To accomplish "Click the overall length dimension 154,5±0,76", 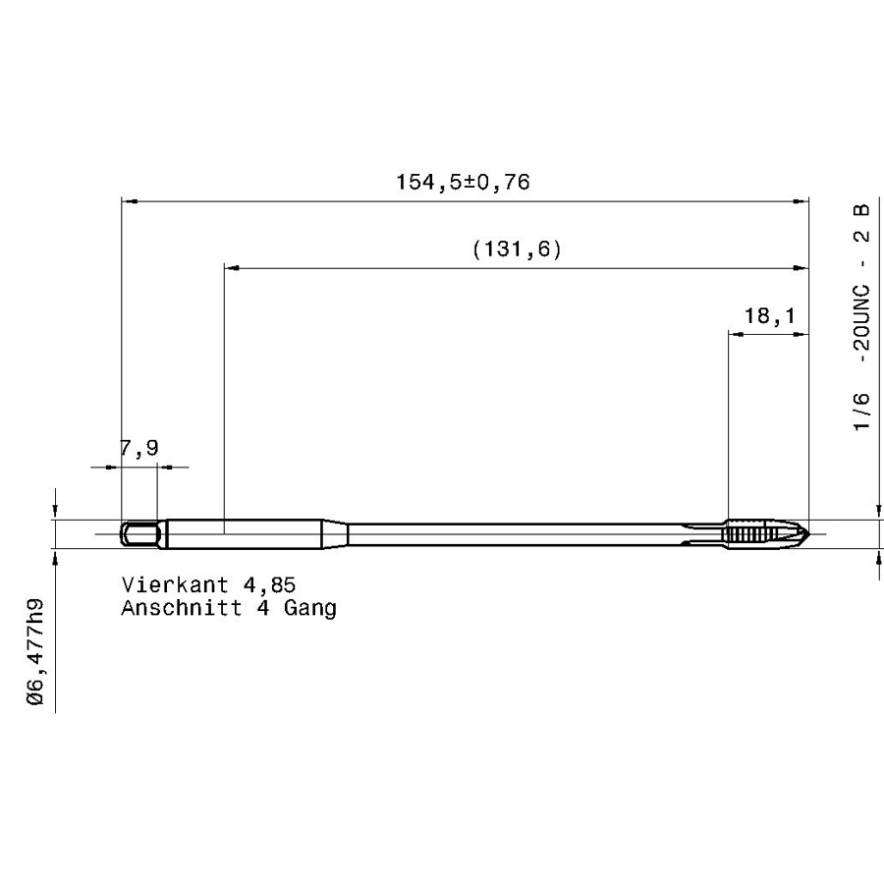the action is click(463, 182).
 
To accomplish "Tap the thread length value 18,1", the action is click(769, 315).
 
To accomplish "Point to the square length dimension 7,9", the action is click(139, 448).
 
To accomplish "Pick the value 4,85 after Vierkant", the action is click(269, 585).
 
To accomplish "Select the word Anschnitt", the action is click(182, 608).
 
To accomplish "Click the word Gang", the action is click(310, 608).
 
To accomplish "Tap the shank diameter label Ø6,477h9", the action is click(35, 651).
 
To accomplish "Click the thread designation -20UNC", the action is click(861, 324).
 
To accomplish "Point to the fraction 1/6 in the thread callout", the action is click(861, 412).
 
